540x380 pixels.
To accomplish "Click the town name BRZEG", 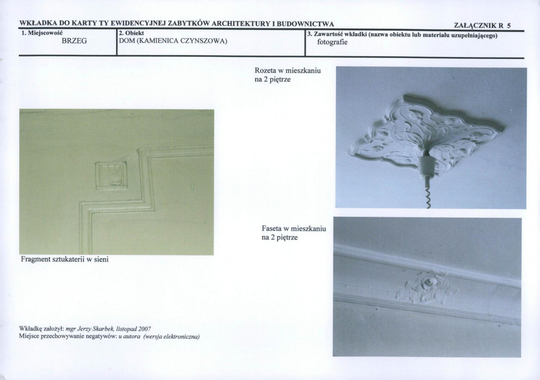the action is pyautogui.click(x=74, y=41).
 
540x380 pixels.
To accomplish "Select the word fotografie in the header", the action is pyautogui.click(x=332, y=42).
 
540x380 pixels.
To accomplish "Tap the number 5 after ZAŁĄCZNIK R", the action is pyautogui.click(x=508, y=26).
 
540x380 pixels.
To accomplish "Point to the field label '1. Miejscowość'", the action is pyautogui.click(x=42, y=33).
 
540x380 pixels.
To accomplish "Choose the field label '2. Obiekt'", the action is pyautogui.click(x=131, y=33).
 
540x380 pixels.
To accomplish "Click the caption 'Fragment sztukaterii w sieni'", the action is pyautogui.click(x=65, y=259).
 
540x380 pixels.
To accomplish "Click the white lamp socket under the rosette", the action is pyautogui.click(x=427, y=167).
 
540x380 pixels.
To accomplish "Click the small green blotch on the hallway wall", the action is pyautogui.click(x=193, y=186).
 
